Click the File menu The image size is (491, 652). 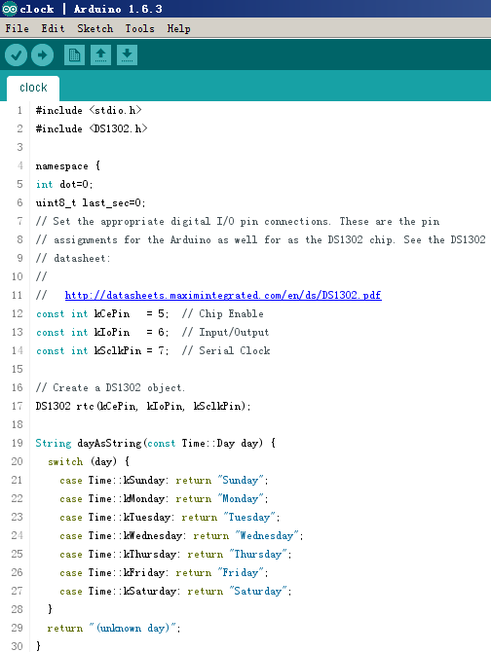[x=18, y=28]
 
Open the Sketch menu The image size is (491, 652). [x=94, y=28]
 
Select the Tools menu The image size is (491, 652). [x=140, y=28]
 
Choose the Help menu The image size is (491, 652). [x=179, y=28]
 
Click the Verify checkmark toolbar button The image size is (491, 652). [x=17, y=54]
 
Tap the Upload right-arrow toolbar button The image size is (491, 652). [x=43, y=54]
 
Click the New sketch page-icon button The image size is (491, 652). [x=74, y=54]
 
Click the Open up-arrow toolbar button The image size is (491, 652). [x=100, y=54]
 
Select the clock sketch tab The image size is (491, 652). [x=33, y=88]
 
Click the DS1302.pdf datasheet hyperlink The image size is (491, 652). [x=223, y=295]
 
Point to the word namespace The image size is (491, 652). [x=62, y=166]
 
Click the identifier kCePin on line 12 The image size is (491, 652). [x=112, y=313]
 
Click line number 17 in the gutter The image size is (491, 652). [x=18, y=406]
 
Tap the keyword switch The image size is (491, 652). [x=65, y=461]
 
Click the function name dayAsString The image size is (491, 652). [x=109, y=443]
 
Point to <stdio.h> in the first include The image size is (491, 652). [x=115, y=110]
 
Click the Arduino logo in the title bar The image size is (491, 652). [x=10, y=9]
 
